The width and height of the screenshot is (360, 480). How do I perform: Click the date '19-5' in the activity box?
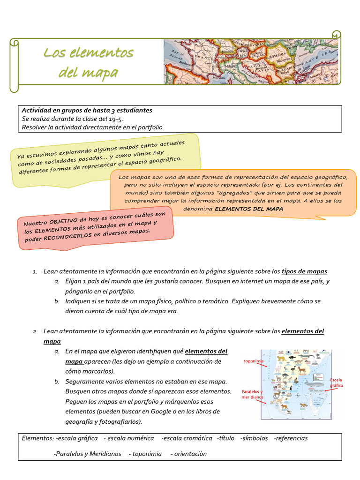110,119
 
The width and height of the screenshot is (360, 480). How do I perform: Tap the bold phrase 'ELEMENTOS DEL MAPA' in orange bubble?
249,209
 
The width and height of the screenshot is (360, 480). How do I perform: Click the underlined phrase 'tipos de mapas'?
304,271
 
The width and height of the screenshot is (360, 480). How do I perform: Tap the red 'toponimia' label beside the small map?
254,361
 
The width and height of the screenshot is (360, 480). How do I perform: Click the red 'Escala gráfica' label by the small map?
336,382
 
